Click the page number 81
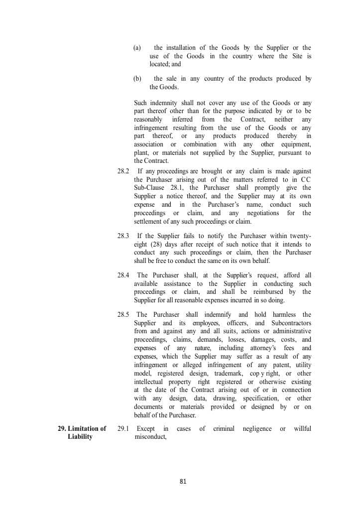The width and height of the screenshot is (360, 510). coord(183,481)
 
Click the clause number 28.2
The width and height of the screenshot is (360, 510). coord(123,171)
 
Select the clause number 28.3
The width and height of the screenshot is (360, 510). coord(123,236)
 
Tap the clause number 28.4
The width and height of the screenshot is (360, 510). coord(123,275)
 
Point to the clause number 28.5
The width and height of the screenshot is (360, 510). coord(123,314)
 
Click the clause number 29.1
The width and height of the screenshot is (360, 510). coord(123,428)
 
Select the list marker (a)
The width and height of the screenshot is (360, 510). coord(137,48)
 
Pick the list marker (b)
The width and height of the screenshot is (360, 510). coord(137,79)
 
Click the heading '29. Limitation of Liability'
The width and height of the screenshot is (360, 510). coord(82,432)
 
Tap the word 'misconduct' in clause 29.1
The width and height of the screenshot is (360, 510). coord(150,437)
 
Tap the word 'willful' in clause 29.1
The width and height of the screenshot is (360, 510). coord(302,428)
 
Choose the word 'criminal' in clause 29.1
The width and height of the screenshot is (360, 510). coord(224,428)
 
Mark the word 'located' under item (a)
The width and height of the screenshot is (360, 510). coord(159,64)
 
